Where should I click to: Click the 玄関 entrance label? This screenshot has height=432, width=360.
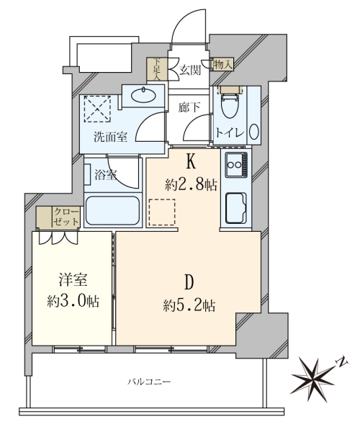point(190,71)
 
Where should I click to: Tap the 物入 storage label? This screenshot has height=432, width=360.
point(222,65)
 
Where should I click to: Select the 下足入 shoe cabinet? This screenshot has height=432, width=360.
point(157,69)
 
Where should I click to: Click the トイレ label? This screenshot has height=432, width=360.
point(230,133)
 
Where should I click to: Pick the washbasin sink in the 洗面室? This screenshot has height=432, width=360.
point(143,96)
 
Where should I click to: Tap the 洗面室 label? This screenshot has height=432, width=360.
point(110,137)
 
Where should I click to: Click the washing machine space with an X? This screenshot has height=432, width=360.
point(97,109)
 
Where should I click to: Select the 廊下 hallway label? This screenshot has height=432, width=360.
point(189,107)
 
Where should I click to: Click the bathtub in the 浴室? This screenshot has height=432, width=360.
point(112,211)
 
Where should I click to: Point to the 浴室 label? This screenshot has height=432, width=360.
point(106,175)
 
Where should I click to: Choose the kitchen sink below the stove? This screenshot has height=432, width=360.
point(235,208)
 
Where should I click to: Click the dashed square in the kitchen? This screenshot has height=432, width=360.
point(162,212)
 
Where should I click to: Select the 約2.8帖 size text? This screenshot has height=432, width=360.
point(191,185)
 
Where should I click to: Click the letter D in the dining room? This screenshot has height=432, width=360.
point(189,282)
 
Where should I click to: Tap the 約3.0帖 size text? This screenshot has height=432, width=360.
point(73,301)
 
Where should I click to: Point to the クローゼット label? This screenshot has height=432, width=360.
point(66,217)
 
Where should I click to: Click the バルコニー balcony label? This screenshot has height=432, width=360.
point(149,382)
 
